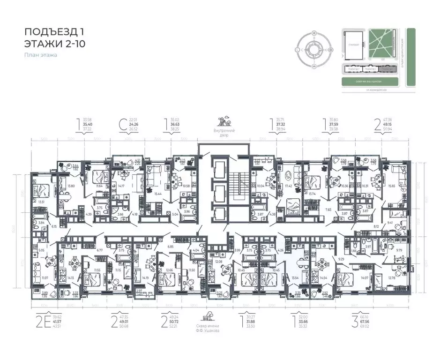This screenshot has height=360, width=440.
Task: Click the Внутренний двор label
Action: pyautogui.click(x=224, y=133)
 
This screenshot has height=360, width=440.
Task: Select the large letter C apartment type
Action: pyautogui.click(x=122, y=126)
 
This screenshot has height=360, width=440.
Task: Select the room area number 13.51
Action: pyautogui.click(x=41, y=202)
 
